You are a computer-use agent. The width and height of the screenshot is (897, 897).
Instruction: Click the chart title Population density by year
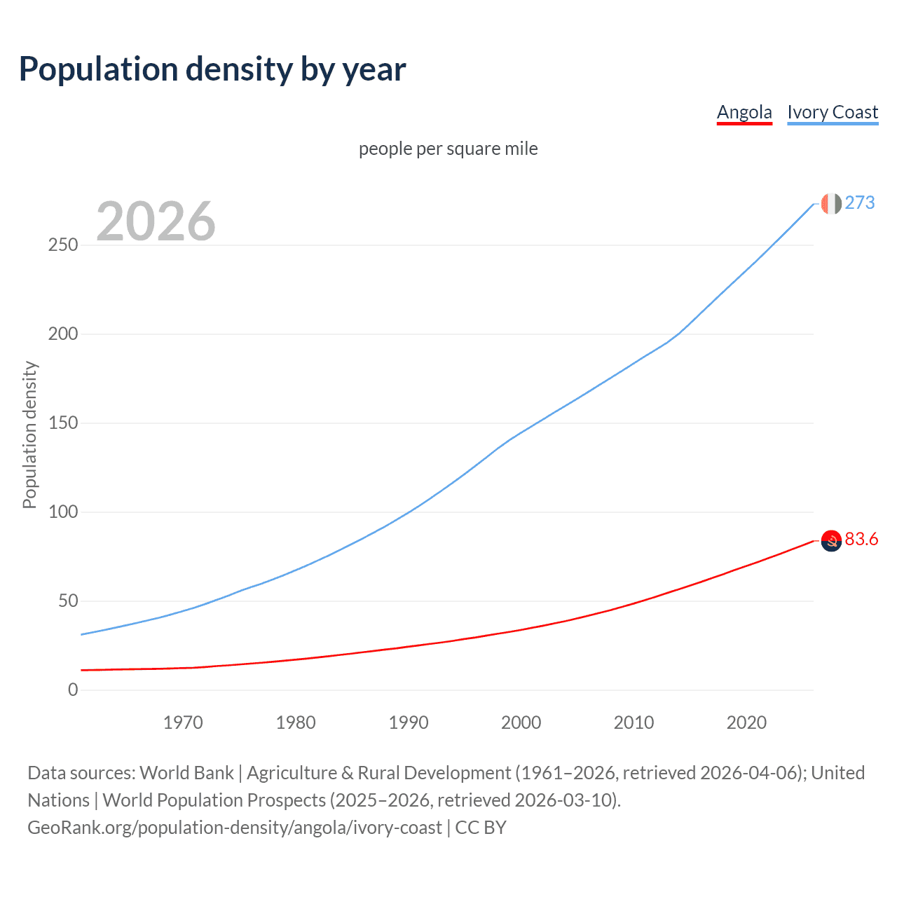point(212,69)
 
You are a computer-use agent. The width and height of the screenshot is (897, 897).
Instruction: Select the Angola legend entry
point(744,112)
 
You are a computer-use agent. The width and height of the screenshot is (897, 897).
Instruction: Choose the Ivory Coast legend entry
point(833,112)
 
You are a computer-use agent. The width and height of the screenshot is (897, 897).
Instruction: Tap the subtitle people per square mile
point(448,149)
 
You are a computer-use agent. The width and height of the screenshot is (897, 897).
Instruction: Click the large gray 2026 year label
point(156,221)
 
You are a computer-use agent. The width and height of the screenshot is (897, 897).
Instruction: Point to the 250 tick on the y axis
point(62,245)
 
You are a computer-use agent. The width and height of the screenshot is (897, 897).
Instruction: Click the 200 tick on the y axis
point(62,334)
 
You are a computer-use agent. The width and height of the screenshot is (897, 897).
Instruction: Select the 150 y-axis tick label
point(62,423)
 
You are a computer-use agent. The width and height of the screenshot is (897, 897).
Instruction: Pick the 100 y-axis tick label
point(62,512)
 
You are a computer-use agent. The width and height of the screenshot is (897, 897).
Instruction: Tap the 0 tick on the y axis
point(73,690)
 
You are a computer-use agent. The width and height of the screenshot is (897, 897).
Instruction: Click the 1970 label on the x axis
point(183,723)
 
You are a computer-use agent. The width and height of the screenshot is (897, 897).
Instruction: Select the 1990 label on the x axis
point(409,723)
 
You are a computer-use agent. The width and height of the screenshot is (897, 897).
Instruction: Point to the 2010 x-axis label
point(634,723)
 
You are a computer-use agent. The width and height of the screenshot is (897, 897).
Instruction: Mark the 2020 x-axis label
point(746,723)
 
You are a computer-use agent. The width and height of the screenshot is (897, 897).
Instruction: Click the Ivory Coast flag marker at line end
point(831,203)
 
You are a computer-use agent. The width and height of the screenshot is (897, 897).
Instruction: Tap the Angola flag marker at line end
point(831,540)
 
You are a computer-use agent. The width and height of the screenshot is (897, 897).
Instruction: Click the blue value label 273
point(860,203)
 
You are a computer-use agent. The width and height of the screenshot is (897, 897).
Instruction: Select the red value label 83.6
point(861,539)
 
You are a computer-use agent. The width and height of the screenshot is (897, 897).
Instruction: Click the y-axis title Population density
point(29,434)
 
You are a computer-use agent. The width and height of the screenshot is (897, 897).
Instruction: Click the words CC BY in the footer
point(481,828)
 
